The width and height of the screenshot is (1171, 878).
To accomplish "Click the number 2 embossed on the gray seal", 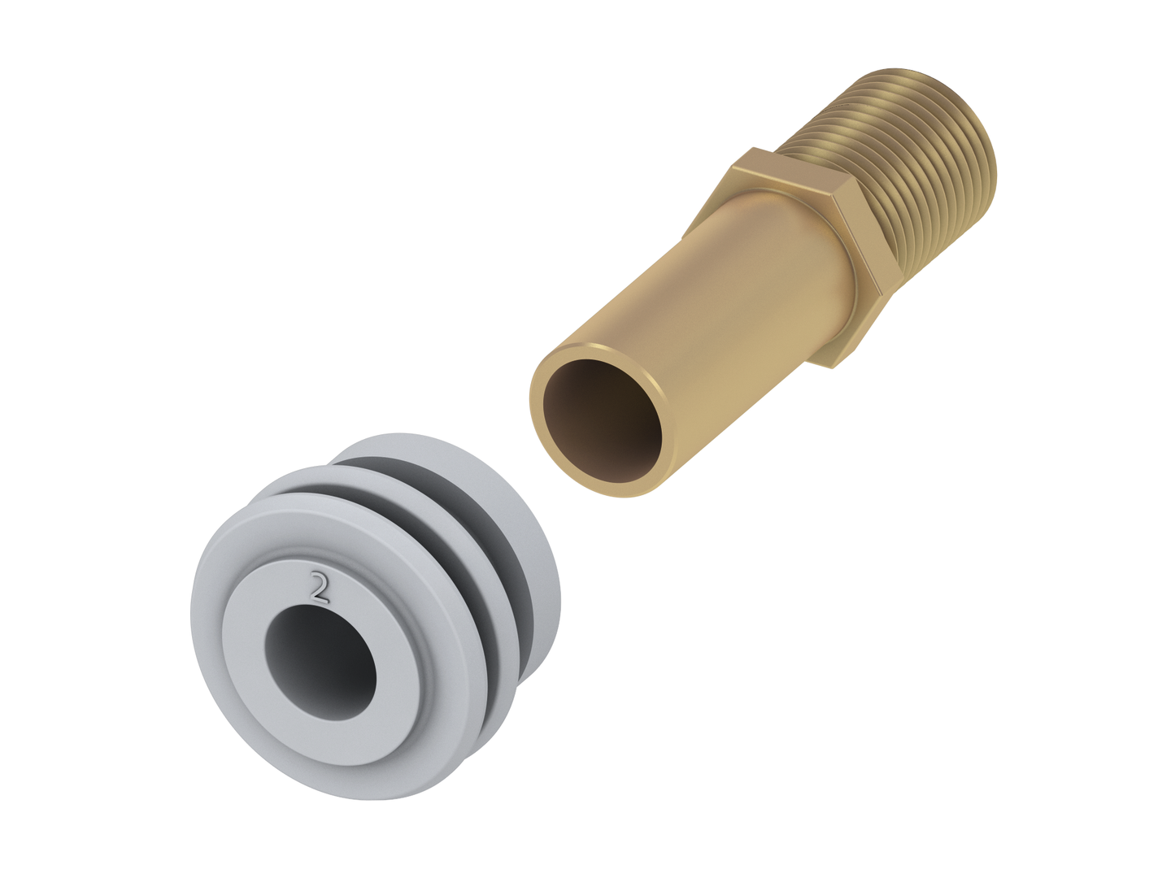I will (x=320, y=588).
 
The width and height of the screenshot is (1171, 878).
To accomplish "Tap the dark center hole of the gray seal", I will (x=320, y=659).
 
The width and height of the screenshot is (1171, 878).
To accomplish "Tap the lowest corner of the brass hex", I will (x=834, y=367).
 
